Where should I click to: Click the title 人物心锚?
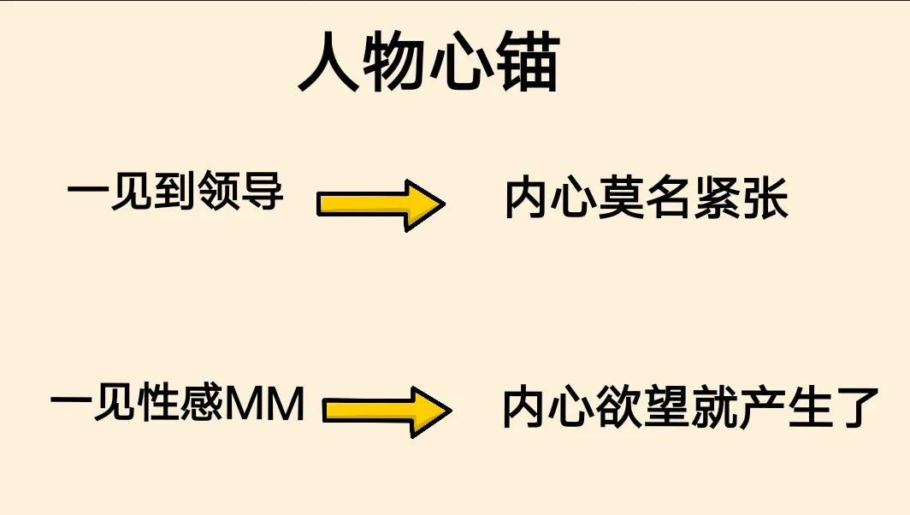(429, 64)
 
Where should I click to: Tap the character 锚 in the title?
(527, 64)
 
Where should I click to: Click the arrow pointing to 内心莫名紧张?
(381, 204)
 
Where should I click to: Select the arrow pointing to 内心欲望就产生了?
(387, 411)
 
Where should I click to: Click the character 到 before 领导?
(177, 190)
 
